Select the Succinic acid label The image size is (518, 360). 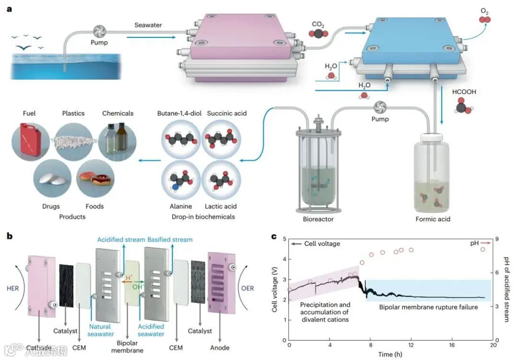pos(227,113)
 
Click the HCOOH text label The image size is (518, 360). pos(464,91)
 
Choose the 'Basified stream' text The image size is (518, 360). pos(170,240)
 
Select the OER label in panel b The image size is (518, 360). pos(248,288)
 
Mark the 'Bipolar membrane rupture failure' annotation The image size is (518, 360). pos(429,307)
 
